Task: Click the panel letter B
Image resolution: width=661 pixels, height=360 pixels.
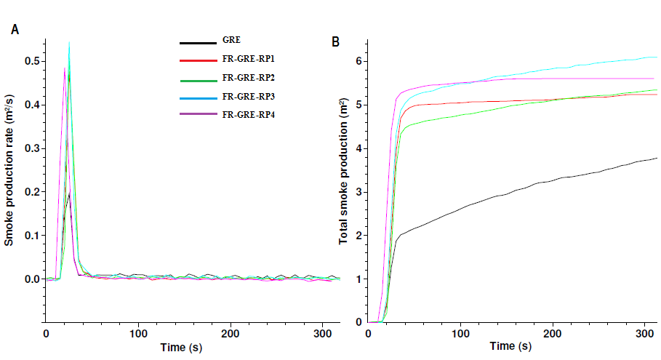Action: (335, 41)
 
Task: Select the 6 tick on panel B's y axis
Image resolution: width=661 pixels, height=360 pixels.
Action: (358, 62)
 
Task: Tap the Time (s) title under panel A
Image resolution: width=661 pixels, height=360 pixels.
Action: (181, 348)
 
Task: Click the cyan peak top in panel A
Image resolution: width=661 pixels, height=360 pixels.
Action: (69, 43)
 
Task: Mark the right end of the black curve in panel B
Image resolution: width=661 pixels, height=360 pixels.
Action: (657, 158)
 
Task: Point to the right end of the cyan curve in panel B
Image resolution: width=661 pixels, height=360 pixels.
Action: (657, 57)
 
